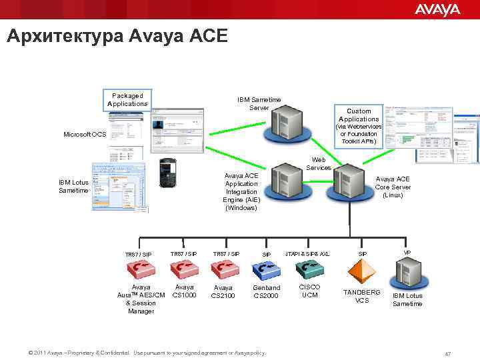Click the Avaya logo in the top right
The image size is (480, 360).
point(437,9)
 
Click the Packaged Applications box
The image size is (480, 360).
point(127,100)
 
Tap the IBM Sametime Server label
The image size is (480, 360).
point(259,103)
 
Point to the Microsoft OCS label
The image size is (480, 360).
point(85,135)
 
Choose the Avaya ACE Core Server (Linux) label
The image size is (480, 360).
point(393,187)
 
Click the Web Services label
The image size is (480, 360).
point(319,164)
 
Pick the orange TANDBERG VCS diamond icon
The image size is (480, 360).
point(362,271)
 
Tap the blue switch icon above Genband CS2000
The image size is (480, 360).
point(266,269)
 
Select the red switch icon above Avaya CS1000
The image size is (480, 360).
point(183,268)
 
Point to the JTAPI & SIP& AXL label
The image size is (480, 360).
point(307,254)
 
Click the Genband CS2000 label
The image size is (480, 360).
point(266,291)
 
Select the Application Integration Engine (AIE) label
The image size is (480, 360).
point(241,192)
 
